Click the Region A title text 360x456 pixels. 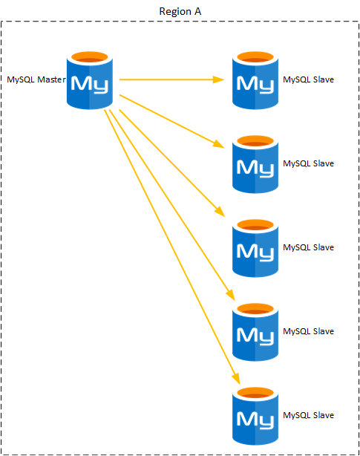(180, 11)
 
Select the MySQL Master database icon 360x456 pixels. (90, 80)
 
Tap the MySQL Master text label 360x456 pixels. (36, 79)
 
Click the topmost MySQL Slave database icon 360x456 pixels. (255, 80)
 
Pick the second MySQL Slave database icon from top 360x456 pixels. (255, 164)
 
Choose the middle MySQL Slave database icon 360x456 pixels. (255, 248)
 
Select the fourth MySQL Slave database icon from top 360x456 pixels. (255, 332)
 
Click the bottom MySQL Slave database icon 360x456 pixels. (255, 416)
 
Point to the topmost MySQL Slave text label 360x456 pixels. (308, 79)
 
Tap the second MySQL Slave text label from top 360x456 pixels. (308, 163)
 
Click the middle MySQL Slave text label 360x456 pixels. (308, 247)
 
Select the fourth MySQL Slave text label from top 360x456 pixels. (308, 331)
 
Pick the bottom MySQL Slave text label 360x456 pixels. (308, 415)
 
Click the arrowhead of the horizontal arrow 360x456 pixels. (218, 79)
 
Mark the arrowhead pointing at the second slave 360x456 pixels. (218, 144)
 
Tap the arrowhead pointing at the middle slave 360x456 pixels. (220, 212)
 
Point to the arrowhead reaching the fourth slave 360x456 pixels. (230, 295)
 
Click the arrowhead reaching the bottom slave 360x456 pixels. (236, 379)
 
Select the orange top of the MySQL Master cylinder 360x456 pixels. (90, 57)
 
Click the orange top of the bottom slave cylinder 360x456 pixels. (255, 393)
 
